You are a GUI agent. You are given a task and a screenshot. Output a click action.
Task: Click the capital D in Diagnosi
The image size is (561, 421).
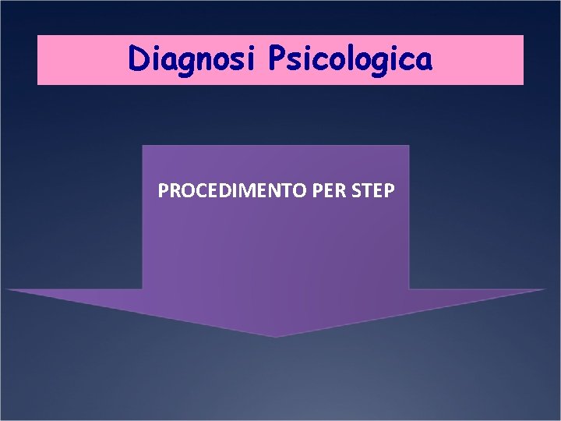coord(140,59)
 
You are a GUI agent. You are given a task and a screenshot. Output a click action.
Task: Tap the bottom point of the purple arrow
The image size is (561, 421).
coord(276,336)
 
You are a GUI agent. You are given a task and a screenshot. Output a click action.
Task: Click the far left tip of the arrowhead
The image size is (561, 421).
coord(7,289)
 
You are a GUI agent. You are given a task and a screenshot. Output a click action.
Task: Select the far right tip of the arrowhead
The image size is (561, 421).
coord(545,289)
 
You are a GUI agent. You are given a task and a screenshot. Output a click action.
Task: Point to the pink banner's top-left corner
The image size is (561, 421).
coord(38,36)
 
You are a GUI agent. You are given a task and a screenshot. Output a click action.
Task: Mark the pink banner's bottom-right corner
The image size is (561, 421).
coord(523,83)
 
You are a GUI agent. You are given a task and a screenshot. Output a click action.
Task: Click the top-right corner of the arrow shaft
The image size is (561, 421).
coord(408,146)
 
